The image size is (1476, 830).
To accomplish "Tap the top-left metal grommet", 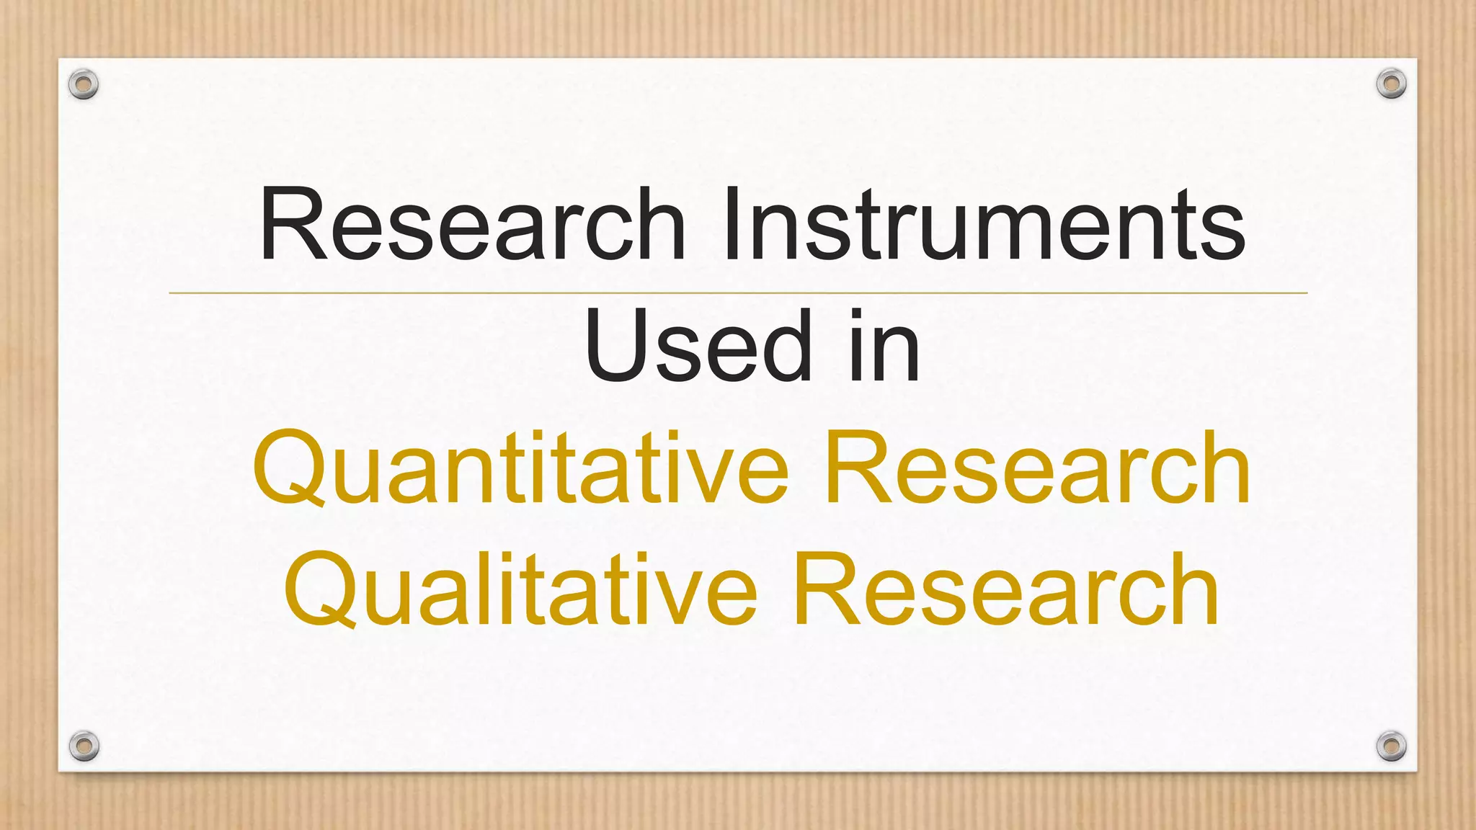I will (84, 84).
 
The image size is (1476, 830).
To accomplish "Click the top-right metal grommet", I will (1391, 84).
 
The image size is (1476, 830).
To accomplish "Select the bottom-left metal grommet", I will (84, 745).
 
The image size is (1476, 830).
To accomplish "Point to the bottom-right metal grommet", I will (1391, 745).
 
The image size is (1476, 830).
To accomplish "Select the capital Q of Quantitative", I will (288, 468).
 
